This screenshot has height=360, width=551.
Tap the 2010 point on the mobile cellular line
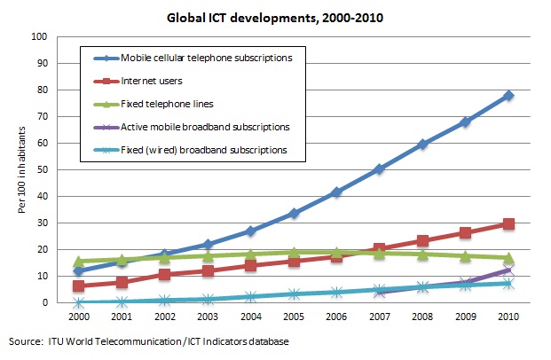point(509,95)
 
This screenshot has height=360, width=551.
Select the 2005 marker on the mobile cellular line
point(293,213)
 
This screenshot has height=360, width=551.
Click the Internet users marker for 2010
point(509,224)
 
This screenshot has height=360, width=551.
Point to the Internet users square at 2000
point(79,286)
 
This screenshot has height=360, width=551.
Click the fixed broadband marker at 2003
point(208,299)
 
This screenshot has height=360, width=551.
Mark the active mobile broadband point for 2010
point(509,270)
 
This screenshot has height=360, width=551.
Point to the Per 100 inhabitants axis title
point(17,168)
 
